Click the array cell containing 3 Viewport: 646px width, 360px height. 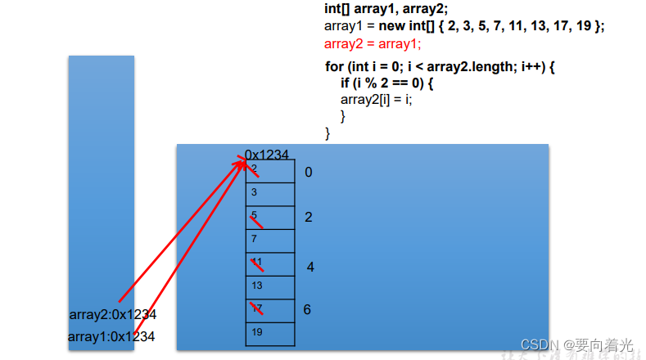(269, 194)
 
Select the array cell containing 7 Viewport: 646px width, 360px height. (269, 240)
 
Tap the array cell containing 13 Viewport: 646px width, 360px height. (269, 286)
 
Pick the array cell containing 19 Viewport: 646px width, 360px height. (269, 333)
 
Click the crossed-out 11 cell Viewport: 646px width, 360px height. (269, 263)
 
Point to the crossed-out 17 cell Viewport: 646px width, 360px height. (269, 310)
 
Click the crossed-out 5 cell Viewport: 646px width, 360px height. (269, 217)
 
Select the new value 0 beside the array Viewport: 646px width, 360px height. (309, 173)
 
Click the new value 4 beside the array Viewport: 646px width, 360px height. (310, 268)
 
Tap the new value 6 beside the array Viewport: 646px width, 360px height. (307, 310)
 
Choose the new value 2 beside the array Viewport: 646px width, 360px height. (309, 218)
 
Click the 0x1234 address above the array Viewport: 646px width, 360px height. (267, 155)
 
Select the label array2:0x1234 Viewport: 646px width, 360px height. (113, 314)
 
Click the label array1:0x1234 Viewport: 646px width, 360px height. (111, 336)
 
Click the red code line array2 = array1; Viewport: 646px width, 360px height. (373, 43)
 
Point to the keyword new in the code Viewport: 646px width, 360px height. (392, 26)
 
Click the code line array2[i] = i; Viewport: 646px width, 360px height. (377, 100)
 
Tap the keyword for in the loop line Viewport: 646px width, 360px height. (334, 66)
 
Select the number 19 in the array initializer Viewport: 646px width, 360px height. (586, 26)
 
